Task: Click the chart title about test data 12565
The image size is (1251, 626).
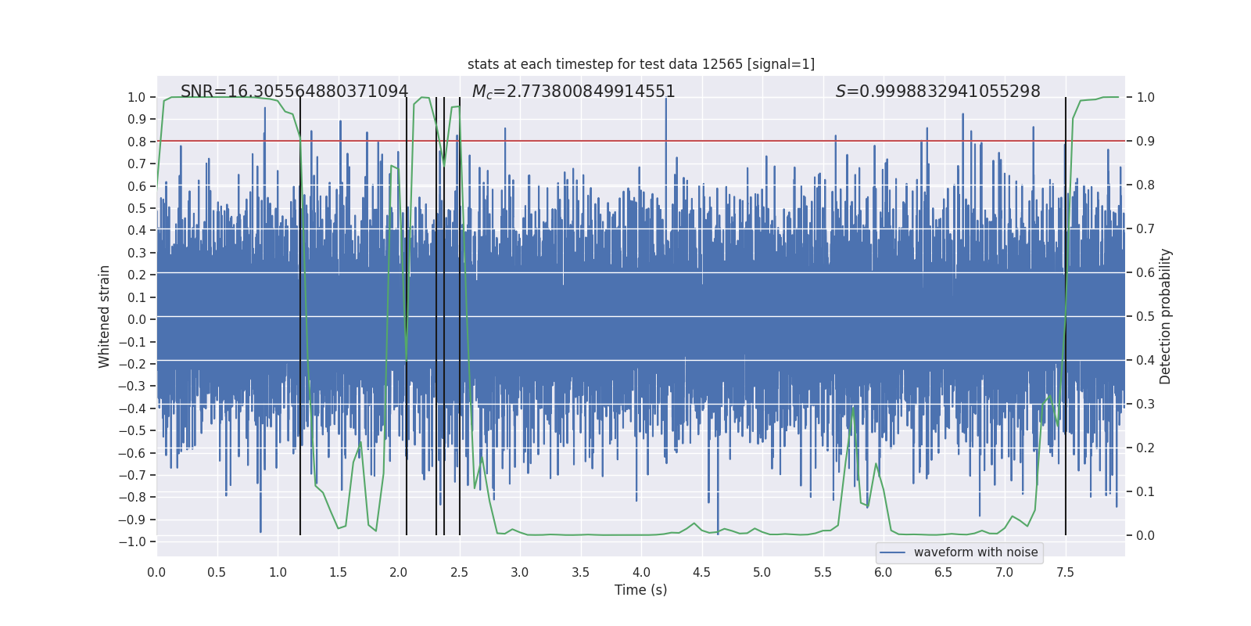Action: [x=641, y=64]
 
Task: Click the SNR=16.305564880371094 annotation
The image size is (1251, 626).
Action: [x=294, y=92]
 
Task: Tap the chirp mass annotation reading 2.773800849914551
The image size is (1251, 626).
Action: [x=573, y=92]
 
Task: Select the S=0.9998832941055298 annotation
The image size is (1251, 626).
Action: [x=937, y=92]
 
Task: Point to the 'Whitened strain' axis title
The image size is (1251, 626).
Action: [x=105, y=316]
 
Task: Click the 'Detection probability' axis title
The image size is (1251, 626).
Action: [x=1166, y=316]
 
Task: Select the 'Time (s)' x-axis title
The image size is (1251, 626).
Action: [x=640, y=590]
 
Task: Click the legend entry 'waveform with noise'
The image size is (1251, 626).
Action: [x=975, y=552]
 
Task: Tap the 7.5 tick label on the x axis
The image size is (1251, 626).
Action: [x=1065, y=572]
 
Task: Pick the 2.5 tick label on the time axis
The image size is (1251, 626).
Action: [x=459, y=572]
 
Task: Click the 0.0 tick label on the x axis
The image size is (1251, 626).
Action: [x=156, y=572]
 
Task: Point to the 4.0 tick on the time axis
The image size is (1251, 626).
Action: [x=641, y=572]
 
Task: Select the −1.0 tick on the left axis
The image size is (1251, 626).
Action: [x=136, y=541]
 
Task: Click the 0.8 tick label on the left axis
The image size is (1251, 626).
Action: [x=137, y=142]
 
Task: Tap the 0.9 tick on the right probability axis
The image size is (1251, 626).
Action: [x=1145, y=142]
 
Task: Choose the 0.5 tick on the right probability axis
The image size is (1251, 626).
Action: [x=1145, y=317]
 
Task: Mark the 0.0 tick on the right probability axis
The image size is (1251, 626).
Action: [x=1145, y=536]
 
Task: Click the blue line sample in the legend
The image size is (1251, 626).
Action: [x=893, y=552]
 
